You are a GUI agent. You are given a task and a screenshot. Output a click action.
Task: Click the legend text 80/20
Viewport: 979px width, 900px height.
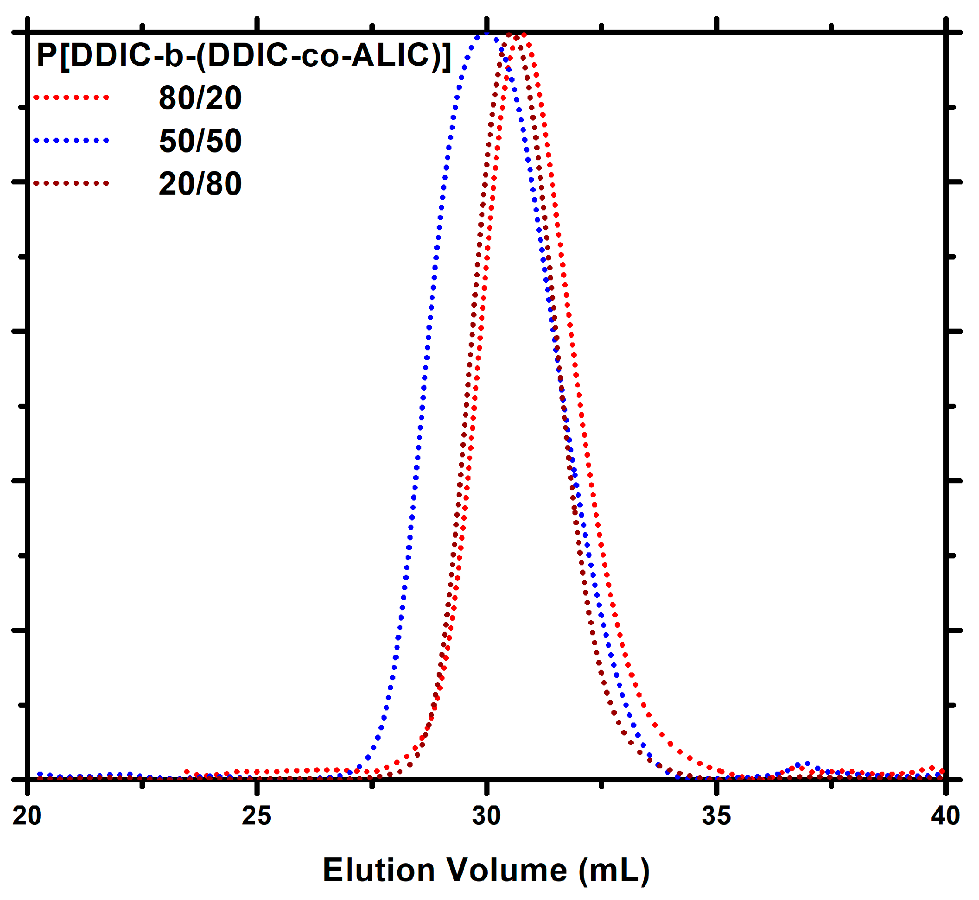[200, 98]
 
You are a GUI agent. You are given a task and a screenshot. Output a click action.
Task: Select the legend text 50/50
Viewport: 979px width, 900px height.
[200, 141]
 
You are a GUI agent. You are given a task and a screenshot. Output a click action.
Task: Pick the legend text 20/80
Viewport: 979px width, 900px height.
[200, 184]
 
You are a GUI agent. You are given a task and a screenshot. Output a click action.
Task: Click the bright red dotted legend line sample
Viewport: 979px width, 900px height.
[71, 98]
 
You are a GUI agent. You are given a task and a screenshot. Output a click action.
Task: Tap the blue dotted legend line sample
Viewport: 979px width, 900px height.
[71, 141]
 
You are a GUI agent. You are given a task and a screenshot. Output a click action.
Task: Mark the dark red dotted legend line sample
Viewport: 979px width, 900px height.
[71, 184]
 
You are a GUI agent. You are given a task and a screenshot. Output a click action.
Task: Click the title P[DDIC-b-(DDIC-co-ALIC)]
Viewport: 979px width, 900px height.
[243, 56]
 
